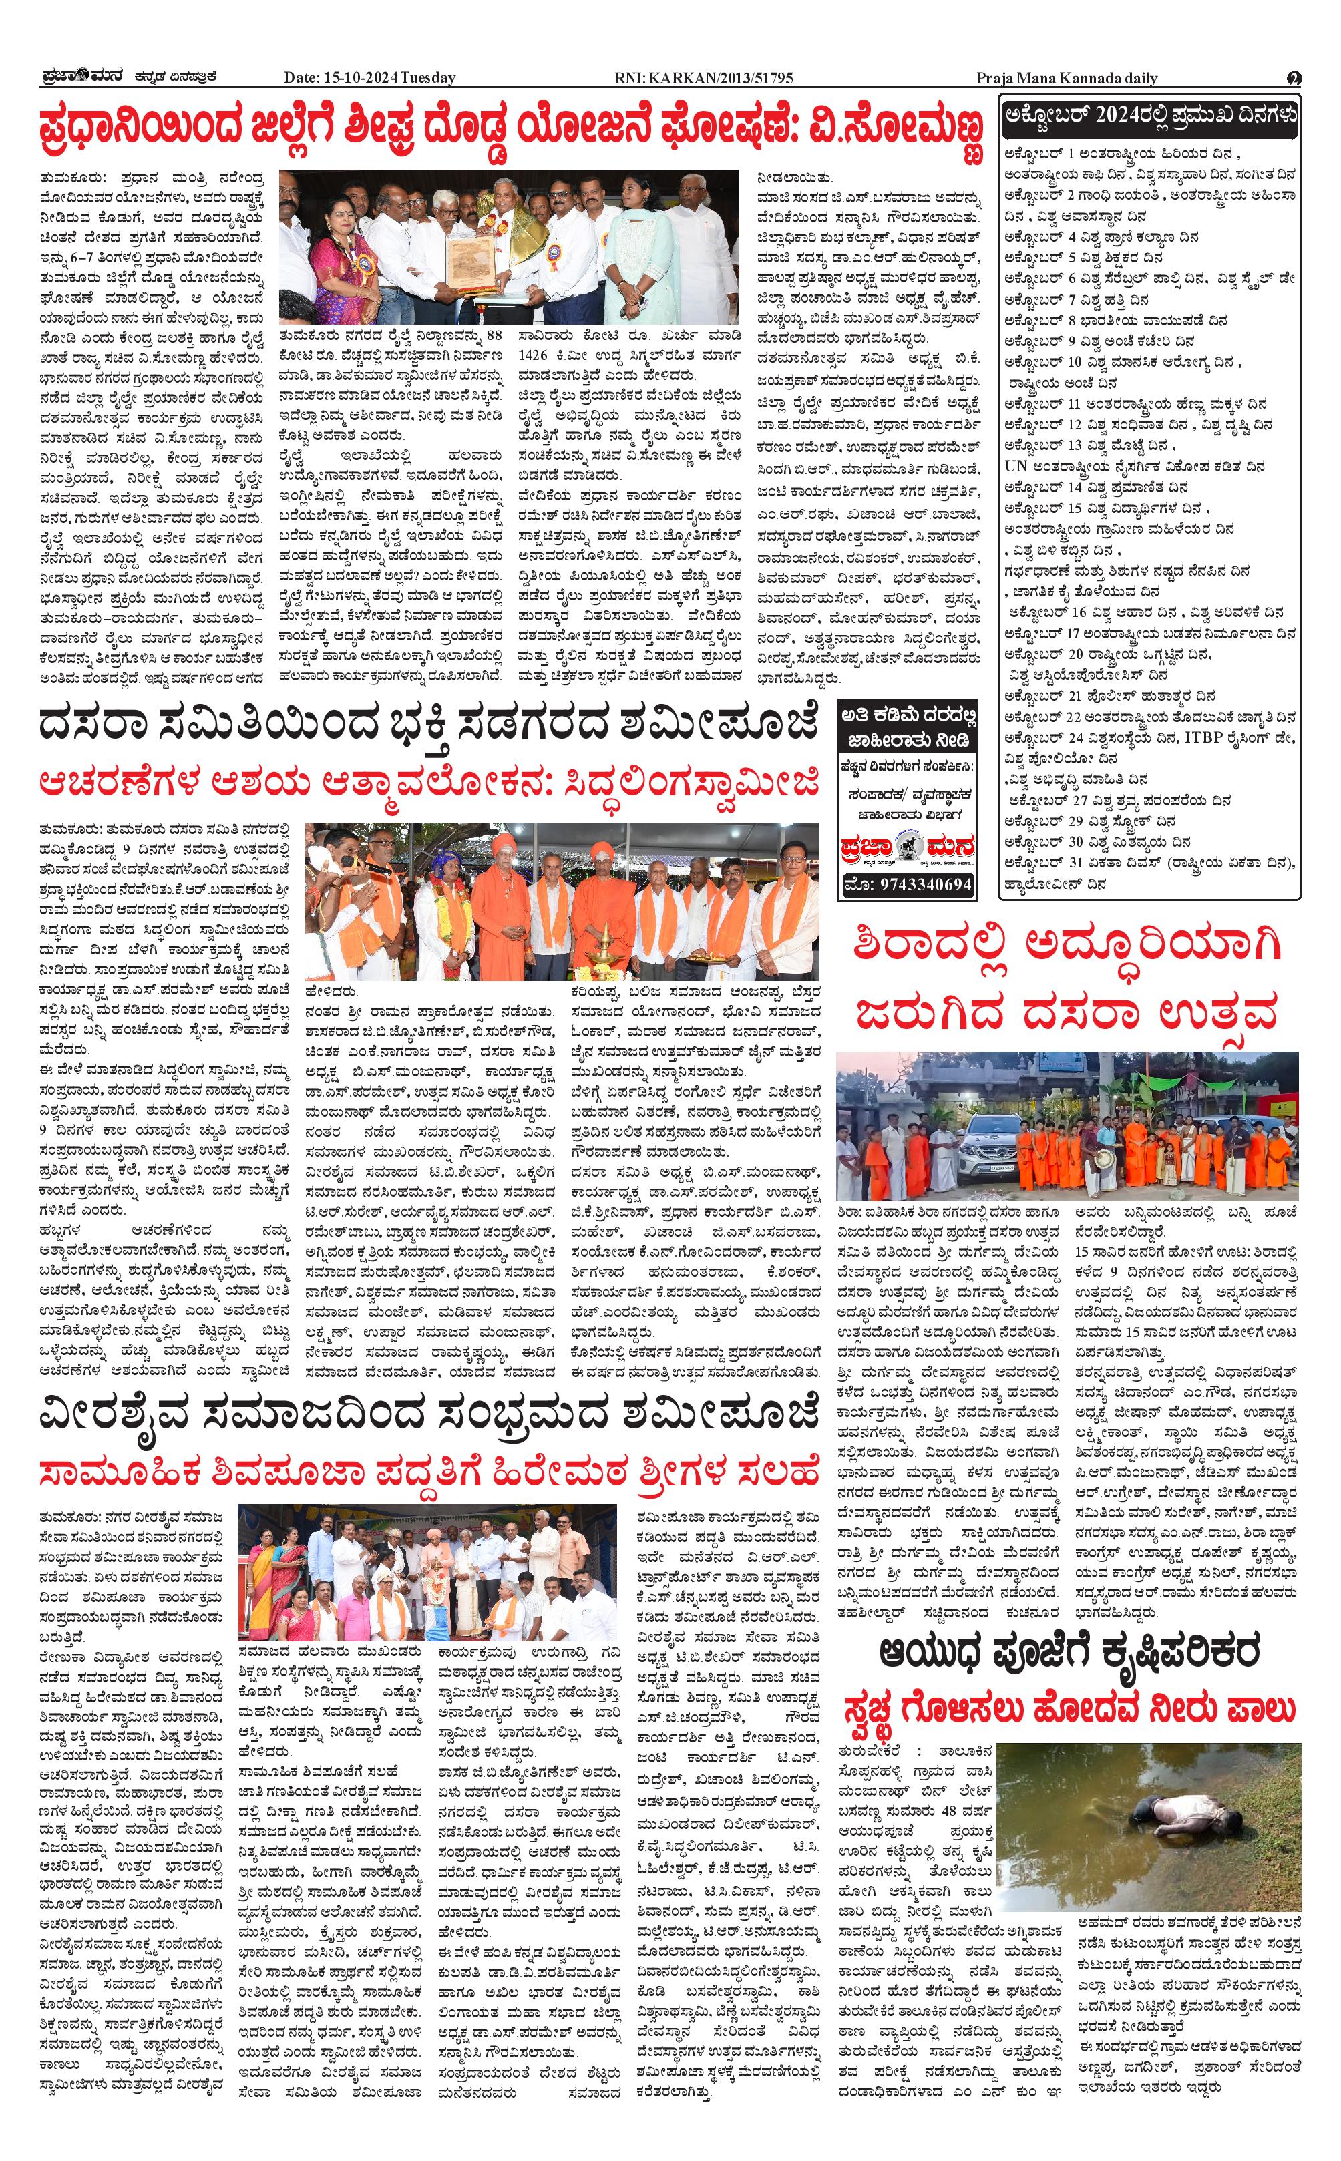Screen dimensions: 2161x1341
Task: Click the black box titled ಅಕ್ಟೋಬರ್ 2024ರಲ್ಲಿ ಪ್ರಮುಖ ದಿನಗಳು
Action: (x=1150, y=116)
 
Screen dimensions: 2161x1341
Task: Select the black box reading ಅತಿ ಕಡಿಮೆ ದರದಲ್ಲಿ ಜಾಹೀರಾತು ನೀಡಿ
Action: (x=908, y=727)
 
